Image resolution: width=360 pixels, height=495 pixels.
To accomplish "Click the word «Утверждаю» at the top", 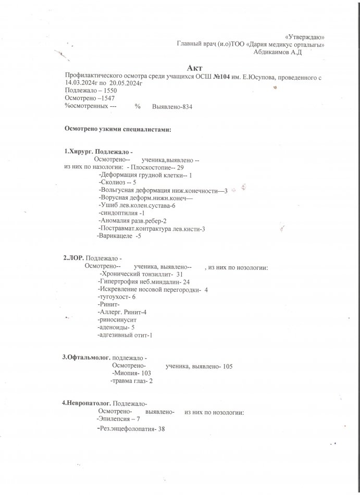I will tap(306, 37).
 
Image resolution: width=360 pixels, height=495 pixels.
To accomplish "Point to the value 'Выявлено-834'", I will tap(171, 106).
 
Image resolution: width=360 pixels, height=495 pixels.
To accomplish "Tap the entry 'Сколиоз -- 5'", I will tap(117, 183).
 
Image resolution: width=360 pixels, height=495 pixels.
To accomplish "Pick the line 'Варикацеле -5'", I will tap(119, 236).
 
